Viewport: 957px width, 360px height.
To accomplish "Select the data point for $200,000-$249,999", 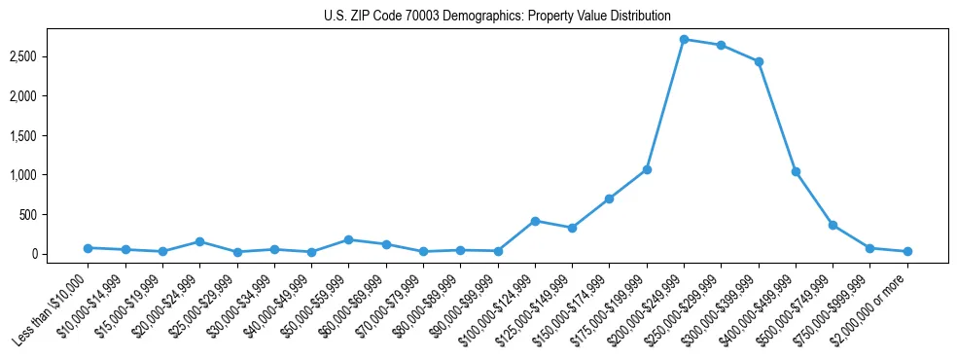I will (x=684, y=40).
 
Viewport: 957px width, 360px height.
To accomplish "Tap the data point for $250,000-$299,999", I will (x=721, y=45).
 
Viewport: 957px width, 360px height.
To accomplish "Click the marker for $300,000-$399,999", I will (x=759, y=61).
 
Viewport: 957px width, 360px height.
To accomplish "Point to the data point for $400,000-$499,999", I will (x=796, y=171).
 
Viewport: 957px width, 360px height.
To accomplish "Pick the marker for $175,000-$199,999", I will (x=647, y=169).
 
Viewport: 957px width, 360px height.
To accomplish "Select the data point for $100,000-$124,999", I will (x=535, y=221).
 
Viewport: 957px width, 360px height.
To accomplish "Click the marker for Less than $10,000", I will (x=88, y=248).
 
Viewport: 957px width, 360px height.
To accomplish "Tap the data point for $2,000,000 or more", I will (x=907, y=251).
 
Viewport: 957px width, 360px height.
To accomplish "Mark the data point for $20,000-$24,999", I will (x=199, y=241).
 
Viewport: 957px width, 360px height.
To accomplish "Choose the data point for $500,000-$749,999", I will (x=833, y=225).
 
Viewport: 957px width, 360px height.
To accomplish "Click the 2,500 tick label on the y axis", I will (x=51, y=57).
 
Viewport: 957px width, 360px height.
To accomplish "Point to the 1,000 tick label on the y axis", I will (x=51, y=175).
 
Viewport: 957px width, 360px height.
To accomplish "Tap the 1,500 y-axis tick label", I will (x=51, y=136).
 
